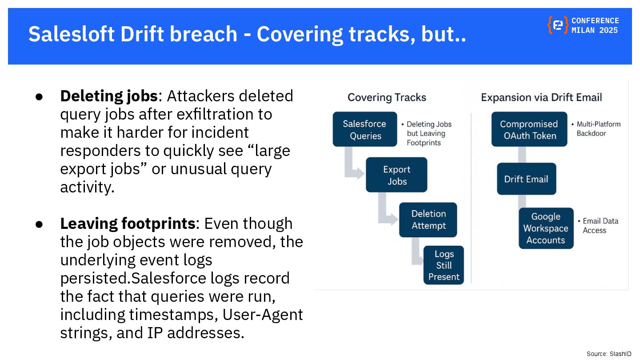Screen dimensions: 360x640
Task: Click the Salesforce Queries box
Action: [364, 129]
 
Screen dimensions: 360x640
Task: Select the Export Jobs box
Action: [396, 175]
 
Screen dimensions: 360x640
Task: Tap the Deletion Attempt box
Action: [428, 220]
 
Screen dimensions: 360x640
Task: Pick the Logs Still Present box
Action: [444, 265]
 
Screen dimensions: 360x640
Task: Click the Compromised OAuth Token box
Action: [529, 129]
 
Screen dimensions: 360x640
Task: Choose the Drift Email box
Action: [526, 179]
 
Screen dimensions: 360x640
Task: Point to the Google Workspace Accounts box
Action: [546, 228]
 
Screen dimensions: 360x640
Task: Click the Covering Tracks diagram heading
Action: [387, 98]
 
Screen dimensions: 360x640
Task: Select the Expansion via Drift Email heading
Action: [541, 98]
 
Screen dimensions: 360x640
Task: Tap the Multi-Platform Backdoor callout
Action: [598, 129]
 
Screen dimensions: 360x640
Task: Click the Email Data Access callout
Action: [600, 226]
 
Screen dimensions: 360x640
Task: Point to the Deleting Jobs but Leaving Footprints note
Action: [428, 133]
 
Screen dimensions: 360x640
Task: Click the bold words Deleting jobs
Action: [109, 96]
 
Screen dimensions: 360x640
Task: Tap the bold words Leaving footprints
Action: [128, 224]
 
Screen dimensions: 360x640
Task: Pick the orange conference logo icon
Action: [557, 25]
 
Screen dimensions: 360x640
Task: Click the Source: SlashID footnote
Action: [608, 354]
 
